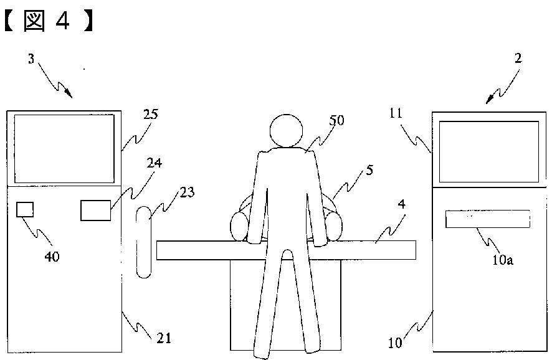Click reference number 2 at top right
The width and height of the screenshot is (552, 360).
coord(518,59)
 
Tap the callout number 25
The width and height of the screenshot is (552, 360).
coord(150,115)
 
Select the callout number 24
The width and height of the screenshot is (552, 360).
coord(154,163)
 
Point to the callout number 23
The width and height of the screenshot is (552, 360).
coord(186,193)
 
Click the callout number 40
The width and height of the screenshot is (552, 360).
coord(52,256)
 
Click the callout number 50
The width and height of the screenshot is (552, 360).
coord(336,121)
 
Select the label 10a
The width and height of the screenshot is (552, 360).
coord(503,260)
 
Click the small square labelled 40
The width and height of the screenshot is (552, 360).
coord(26,209)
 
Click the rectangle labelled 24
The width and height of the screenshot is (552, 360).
coord(96,211)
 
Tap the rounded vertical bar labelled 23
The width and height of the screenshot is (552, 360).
coord(144,242)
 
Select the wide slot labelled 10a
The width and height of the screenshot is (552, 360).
coord(487,219)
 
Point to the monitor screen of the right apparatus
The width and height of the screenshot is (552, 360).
coord(489,151)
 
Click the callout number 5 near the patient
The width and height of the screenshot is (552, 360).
coord(370,169)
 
